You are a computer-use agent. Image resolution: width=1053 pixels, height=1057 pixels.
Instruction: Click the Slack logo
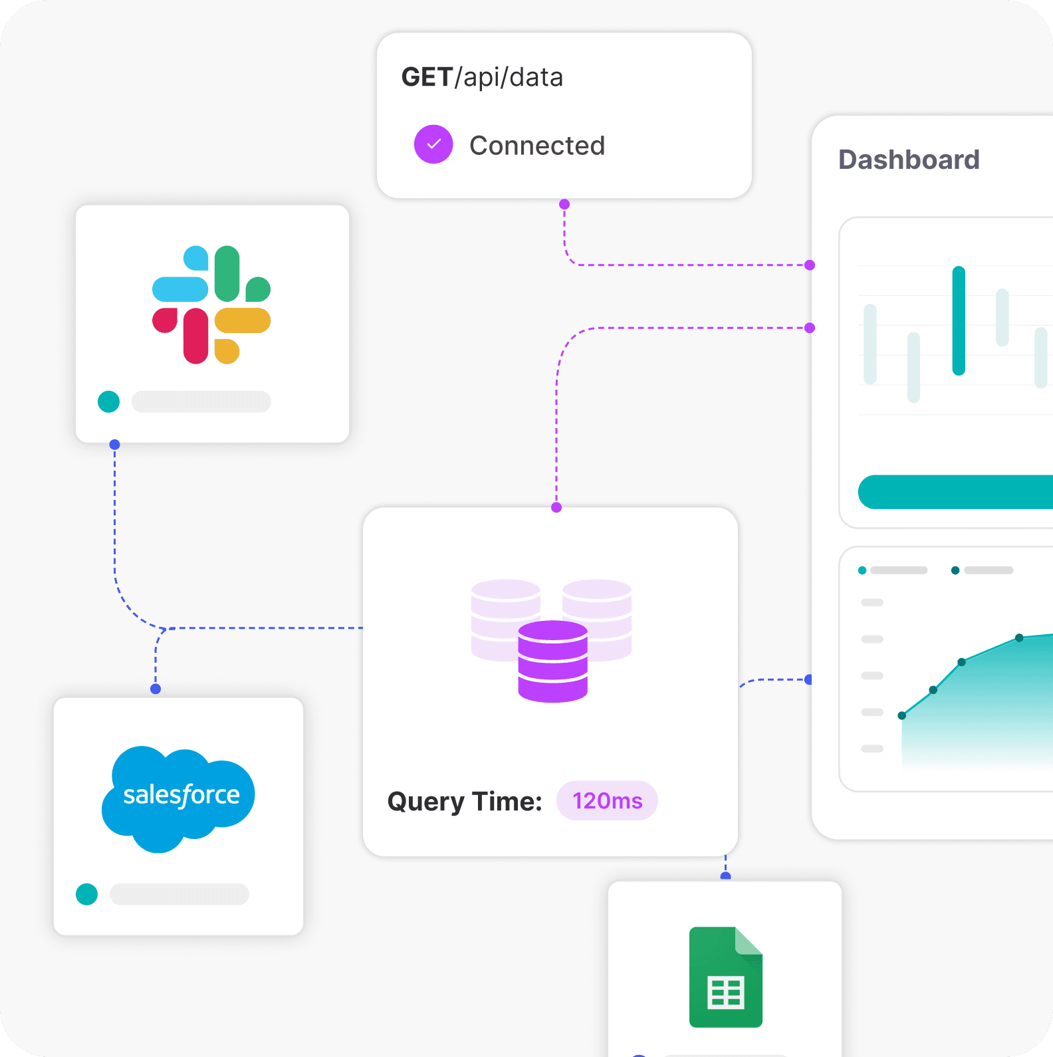[211, 304]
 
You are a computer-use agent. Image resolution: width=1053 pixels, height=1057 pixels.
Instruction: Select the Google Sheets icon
[725, 977]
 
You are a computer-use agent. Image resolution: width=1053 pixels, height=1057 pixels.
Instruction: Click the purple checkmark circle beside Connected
[433, 144]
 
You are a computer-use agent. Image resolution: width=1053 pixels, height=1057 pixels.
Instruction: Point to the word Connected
[537, 146]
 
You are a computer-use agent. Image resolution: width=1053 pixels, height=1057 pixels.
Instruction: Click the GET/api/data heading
[482, 77]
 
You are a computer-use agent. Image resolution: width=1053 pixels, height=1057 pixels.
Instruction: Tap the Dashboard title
[909, 160]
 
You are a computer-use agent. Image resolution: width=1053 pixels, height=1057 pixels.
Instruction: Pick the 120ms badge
[607, 800]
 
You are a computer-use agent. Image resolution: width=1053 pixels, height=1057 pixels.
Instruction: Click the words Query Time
[464, 801]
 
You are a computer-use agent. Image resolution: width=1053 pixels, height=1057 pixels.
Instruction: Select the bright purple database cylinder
[552, 661]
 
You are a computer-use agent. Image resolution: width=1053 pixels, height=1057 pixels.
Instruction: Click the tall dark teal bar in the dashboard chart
[958, 320]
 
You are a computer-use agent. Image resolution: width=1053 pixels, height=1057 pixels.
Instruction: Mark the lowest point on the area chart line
[901, 715]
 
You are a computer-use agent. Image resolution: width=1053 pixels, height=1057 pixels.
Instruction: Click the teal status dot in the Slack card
[108, 402]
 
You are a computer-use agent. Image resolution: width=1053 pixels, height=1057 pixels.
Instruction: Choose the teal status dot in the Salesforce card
[86, 894]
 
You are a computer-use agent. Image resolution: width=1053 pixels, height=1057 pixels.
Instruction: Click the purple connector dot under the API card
[564, 204]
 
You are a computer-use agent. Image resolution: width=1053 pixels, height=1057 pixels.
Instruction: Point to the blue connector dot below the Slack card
[114, 444]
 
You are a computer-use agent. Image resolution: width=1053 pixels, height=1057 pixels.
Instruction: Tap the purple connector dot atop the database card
[556, 507]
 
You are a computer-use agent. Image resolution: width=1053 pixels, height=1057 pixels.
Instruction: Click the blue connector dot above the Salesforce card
[156, 689]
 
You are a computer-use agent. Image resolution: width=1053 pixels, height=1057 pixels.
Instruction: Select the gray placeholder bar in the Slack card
[201, 402]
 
